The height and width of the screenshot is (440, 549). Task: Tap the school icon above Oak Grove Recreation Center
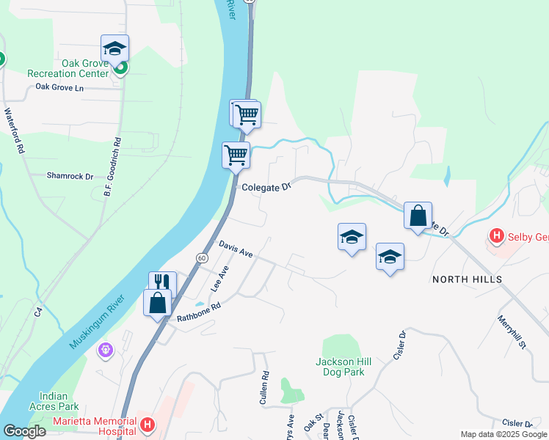point(114,48)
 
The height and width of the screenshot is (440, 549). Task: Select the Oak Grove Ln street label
point(60,87)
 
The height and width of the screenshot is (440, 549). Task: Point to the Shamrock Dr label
point(70,176)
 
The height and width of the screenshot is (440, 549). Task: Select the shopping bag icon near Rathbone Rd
point(158,303)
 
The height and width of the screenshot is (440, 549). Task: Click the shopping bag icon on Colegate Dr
point(418,216)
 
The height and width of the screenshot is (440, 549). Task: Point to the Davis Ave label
point(235,249)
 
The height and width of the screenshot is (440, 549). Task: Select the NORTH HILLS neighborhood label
point(467,279)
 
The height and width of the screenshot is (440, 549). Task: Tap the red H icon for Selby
point(497,236)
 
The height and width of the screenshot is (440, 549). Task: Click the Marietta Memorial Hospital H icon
point(148,425)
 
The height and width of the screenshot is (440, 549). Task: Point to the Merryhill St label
point(512,332)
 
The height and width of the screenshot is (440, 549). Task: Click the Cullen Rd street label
point(264,389)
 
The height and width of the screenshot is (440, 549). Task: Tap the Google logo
point(24,431)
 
